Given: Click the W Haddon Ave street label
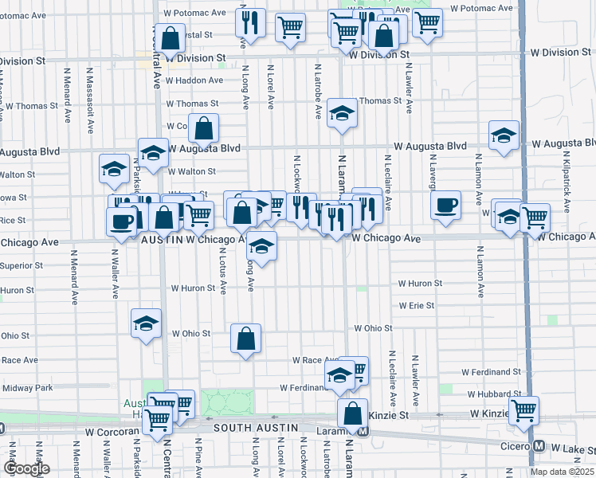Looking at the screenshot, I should [194, 80].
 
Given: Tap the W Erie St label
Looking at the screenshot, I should [416, 305].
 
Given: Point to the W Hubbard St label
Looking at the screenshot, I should [494, 394].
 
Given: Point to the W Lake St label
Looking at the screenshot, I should [572, 450].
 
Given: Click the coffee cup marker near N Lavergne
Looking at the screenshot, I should [445, 204].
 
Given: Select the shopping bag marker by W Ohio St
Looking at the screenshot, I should [246, 338].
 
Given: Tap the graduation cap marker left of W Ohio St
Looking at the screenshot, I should [145, 323].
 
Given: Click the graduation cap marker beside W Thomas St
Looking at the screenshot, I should [342, 113].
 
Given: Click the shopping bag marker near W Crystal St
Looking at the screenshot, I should [170, 37].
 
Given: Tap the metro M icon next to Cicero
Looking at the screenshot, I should [539, 446].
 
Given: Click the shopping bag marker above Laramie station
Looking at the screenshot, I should [351, 413].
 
